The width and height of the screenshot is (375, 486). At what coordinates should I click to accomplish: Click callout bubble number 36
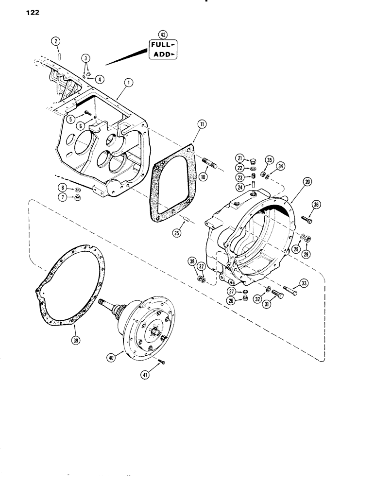[316, 205]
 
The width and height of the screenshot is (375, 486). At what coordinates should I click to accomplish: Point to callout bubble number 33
[304, 284]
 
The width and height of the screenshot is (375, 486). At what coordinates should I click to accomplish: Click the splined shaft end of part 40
[107, 306]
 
